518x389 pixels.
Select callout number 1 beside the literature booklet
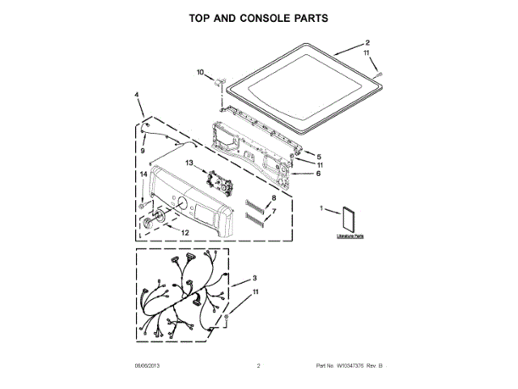(x=324, y=210)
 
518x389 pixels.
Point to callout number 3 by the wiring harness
(x=254, y=278)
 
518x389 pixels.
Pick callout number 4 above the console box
(x=137, y=95)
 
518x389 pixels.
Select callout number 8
(x=273, y=198)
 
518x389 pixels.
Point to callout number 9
(x=142, y=150)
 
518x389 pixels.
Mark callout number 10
(x=201, y=73)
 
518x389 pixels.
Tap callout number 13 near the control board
(x=189, y=164)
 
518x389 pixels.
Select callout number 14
(x=142, y=174)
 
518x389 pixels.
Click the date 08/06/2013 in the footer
(x=147, y=366)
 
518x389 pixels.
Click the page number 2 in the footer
(x=257, y=366)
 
